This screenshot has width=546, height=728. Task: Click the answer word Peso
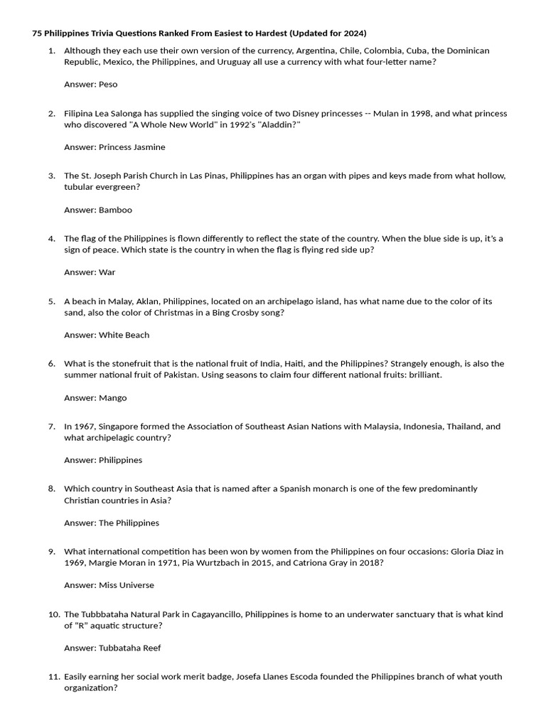(108, 85)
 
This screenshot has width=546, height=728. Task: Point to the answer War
(107, 272)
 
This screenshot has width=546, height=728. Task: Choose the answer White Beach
(124, 335)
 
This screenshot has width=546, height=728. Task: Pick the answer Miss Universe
(127, 585)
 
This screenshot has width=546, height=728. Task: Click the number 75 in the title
(37, 33)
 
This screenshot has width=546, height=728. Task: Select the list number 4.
(52, 239)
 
